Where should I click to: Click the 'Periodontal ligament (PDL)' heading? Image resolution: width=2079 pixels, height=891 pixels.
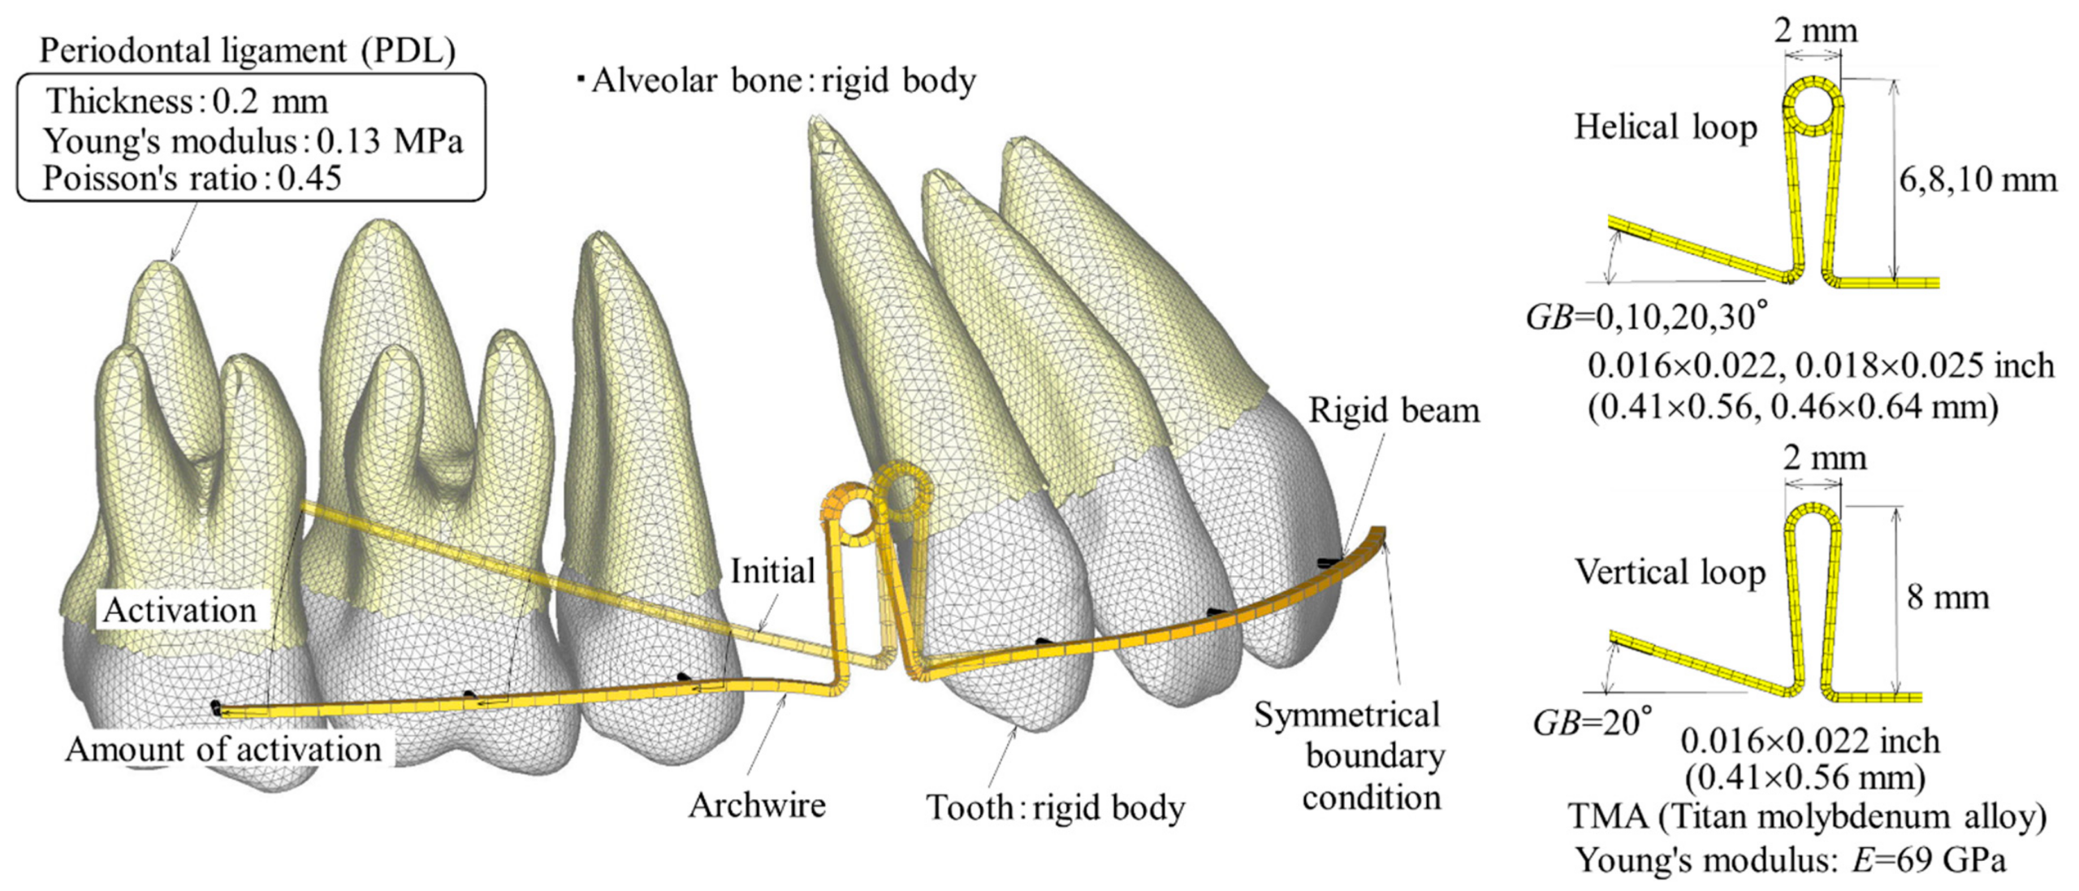[x=247, y=51]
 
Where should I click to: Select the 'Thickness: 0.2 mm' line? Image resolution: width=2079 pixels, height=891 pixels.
[x=187, y=102]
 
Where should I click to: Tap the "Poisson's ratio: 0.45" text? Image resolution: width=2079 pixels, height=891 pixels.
[x=192, y=178]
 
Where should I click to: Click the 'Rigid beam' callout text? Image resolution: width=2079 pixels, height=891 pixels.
[x=1394, y=411]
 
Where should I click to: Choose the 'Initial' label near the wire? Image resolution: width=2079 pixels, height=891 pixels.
[x=772, y=571]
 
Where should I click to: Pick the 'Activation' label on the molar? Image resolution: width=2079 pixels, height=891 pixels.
[x=179, y=610]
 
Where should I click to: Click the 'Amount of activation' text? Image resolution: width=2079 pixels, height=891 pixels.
[x=223, y=749]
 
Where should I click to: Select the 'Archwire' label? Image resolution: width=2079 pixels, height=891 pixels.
[x=757, y=805]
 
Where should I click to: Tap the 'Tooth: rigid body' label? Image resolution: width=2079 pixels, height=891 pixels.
[x=1056, y=807]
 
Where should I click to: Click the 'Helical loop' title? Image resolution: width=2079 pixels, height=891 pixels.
[x=1666, y=128]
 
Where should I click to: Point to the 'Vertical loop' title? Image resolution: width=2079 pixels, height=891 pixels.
[x=1670, y=572]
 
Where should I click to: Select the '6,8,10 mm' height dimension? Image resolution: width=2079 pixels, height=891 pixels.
[x=1977, y=179]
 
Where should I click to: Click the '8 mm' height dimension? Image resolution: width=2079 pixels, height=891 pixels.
[x=1947, y=598]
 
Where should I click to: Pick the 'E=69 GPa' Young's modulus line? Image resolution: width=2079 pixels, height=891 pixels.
[x=1790, y=859]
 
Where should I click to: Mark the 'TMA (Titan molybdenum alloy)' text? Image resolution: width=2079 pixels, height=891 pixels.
[x=1807, y=817]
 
